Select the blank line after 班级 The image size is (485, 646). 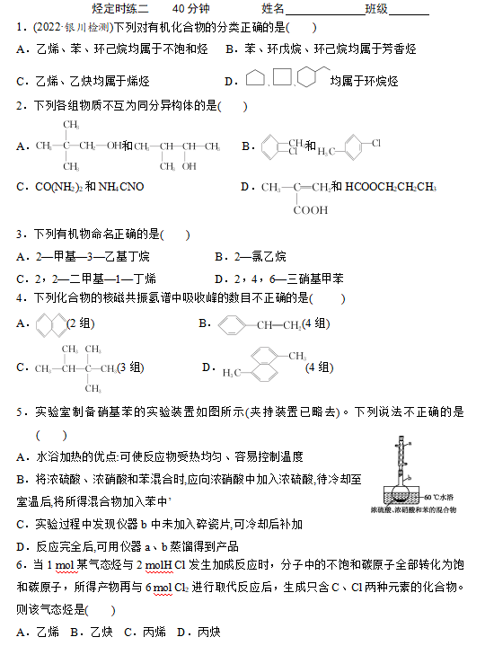(410, 10)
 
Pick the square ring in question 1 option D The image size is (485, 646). (281, 78)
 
